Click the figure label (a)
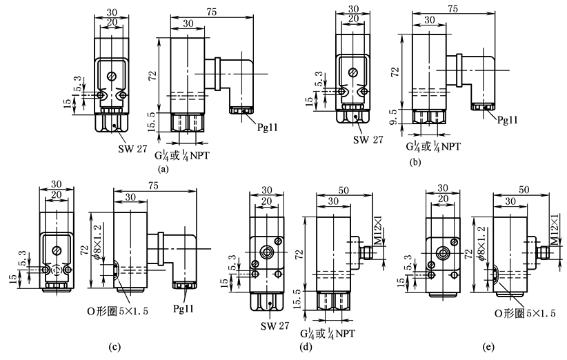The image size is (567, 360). tap(163, 168)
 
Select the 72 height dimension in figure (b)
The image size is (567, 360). tap(395, 71)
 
